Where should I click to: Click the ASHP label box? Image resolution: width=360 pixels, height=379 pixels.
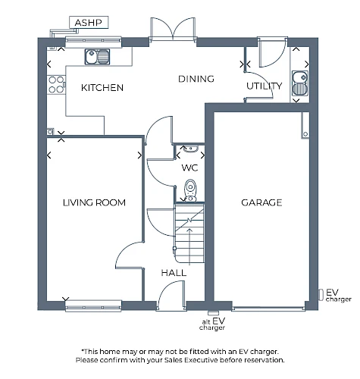(89, 23)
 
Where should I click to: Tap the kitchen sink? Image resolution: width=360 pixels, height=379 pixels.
(97, 57)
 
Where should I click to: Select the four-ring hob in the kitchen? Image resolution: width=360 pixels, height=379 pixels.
(56, 85)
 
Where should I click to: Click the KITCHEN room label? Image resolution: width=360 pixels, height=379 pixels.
(102, 88)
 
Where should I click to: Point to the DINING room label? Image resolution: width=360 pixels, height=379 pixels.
(196, 79)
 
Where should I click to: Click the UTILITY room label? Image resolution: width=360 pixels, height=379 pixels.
(265, 86)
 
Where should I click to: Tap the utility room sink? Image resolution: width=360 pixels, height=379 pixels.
(300, 83)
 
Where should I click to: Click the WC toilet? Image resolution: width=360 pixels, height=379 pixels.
(190, 190)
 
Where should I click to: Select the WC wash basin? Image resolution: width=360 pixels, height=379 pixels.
(190, 149)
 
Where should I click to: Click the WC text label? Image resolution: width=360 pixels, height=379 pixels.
(189, 168)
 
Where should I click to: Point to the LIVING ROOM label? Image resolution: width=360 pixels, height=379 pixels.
(94, 202)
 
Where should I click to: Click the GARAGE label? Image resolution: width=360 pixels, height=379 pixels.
(261, 202)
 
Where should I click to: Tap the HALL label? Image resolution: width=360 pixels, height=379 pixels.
(174, 273)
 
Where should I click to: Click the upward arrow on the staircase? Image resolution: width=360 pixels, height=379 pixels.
(189, 246)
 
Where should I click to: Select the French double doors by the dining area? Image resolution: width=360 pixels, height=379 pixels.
(173, 29)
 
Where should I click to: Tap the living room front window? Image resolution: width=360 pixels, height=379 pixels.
(93, 305)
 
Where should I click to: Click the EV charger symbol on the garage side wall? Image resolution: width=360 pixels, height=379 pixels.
(321, 295)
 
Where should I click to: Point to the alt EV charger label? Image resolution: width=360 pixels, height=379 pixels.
(212, 324)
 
